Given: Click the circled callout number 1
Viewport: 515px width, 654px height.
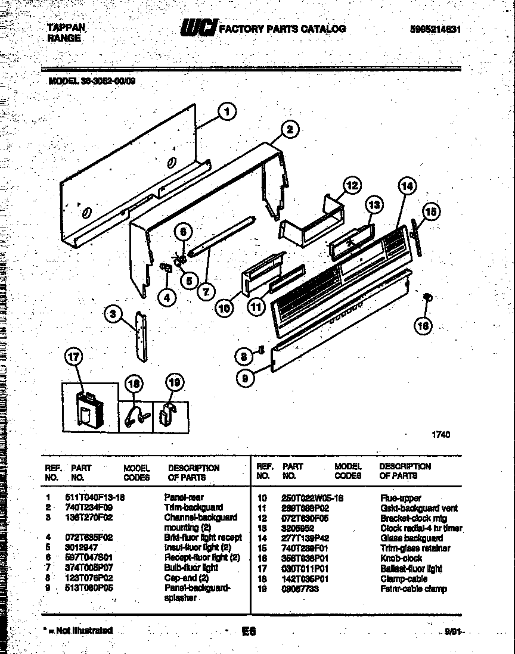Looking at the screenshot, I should [226, 111].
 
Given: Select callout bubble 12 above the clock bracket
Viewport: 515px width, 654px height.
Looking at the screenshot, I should [352, 185].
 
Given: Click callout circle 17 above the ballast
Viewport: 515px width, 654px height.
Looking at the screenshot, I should [73, 358].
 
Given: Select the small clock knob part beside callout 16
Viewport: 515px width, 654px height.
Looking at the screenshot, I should [427, 297].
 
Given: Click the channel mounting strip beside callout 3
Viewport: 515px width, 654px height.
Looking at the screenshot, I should [140, 337].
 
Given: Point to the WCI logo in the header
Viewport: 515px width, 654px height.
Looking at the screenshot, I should [198, 28].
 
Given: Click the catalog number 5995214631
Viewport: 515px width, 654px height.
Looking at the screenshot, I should [433, 29].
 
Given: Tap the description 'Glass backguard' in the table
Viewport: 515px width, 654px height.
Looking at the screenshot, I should [411, 538].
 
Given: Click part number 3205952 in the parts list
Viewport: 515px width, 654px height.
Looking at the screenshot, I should [297, 528].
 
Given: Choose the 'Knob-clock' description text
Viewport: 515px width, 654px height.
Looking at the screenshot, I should [401, 558].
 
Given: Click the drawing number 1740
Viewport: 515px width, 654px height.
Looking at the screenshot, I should [440, 435].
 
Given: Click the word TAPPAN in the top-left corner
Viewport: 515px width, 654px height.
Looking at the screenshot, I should [66, 27].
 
